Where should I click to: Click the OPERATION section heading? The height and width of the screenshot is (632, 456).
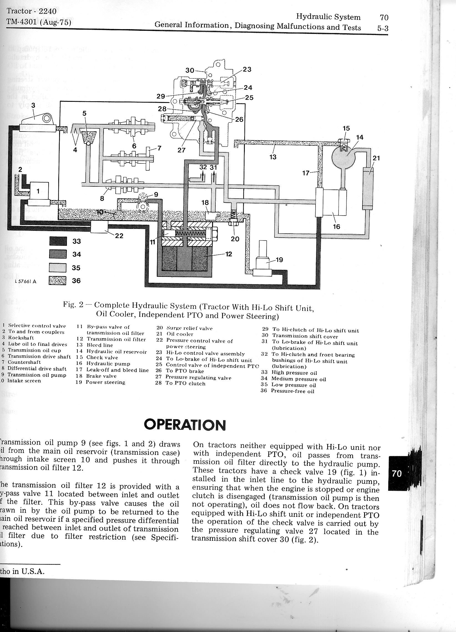tap(185, 425)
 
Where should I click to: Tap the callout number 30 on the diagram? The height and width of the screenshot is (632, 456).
tap(190, 70)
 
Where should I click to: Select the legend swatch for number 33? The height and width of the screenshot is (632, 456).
tap(58, 241)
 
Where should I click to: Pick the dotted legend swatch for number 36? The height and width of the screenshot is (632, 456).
tap(58, 280)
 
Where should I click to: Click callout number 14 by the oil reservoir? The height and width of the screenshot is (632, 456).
tap(360, 137)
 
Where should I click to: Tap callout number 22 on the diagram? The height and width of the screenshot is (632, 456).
tap(119, 236)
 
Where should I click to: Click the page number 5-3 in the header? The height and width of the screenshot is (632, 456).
tap(381, 28)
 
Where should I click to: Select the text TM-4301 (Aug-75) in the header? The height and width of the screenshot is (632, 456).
tap(39, 22)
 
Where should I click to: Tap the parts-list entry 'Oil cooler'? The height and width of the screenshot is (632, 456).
tap(180, 334)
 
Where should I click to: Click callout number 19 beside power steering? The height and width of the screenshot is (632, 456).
tap(279, 260)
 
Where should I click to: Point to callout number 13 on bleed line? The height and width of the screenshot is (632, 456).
tap(273, 157)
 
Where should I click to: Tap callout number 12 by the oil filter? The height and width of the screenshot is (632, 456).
tap(229, 254)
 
